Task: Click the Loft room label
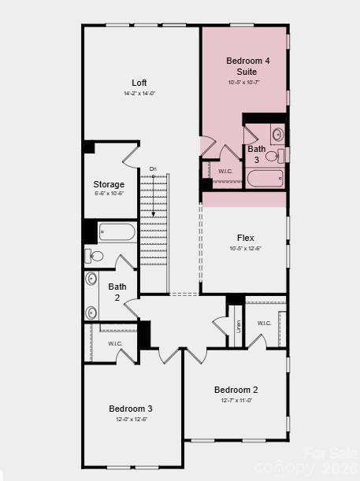click(139, 83)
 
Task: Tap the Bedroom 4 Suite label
click(242, 66)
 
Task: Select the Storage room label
click(109, 184)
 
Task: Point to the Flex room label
click(245, 238)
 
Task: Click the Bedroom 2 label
click(236, 390)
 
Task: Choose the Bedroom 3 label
click(130, 409)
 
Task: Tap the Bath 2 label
click(117, 292)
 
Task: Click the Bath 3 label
click(257, 154)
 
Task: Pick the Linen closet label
click(239, 325)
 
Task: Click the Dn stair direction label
click(153, 169)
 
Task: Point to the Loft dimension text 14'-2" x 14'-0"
click(139, 94)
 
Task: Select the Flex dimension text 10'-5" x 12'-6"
click(245, 249)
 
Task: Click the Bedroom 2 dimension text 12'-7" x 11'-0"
click(236, 401)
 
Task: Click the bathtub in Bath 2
click(117, 232)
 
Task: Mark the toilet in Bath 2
click(95, 255)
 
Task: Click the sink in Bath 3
click(277, 134)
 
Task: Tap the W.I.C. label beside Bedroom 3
click(115, 343)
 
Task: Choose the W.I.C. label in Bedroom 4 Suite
click(225, 171)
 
